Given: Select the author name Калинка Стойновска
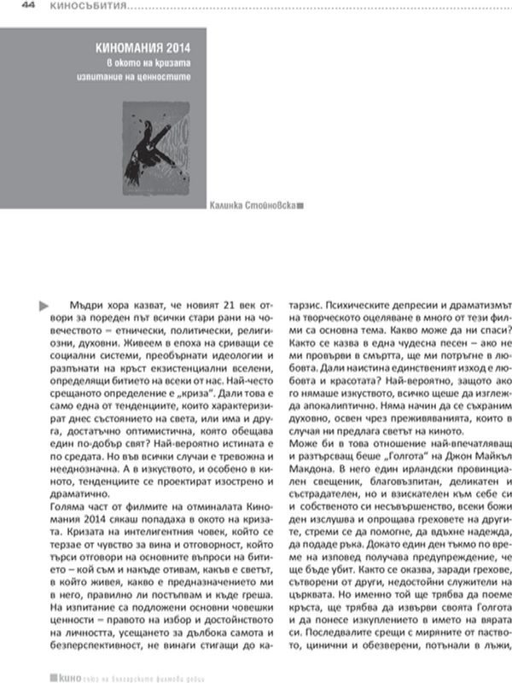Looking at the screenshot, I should pyautogui.click(x=253, y=206).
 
